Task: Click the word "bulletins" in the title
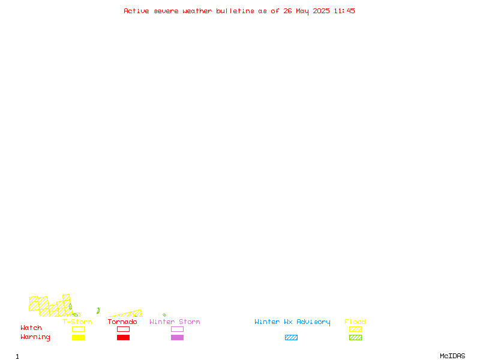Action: coord(235,11)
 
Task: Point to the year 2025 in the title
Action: coord(321,11)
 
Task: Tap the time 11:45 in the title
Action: coord(344,11)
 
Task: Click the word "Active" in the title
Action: coord(136,11)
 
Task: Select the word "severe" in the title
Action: coord(166,11)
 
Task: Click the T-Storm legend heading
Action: coord(77,322)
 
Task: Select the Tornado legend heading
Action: coord(122,322)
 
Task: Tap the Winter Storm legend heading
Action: coord(175,322)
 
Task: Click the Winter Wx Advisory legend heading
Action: coord(292,322)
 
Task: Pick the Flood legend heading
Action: coord(355,322)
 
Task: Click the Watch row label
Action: coord(31,328)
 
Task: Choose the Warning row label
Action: coord(35,337)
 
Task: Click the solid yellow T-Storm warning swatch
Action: coord(79,337)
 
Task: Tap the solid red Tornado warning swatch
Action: coord(124,337)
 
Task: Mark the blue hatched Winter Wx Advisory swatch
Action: coord(291,337)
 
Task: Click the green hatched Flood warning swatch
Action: coord(355,337)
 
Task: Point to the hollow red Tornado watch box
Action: coord(124,326)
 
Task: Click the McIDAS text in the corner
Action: coord(452,356)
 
